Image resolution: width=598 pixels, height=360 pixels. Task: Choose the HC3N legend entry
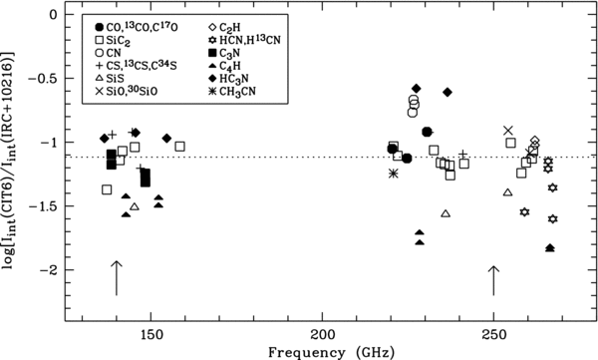coord(228,79)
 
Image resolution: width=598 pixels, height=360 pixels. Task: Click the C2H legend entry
coord(223,28)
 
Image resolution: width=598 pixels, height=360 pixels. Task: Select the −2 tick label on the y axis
coord(49,270)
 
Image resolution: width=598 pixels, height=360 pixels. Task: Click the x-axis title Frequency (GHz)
coord(331,352)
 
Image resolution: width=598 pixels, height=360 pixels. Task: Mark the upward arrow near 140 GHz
coord(117,278)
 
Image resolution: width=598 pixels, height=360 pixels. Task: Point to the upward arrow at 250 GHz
coord(494,280)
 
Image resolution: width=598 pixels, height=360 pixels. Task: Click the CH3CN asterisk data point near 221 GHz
coord(394,174)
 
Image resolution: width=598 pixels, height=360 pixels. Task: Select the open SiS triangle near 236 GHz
coord(446,213)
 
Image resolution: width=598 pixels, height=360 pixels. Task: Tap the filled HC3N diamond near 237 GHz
coord(448,92)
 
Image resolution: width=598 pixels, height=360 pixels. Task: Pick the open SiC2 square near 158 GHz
coord(180,147)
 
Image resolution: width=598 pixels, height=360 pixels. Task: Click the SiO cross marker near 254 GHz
coord(507,131)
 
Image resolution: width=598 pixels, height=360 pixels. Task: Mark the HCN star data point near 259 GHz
coord(525,211)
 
